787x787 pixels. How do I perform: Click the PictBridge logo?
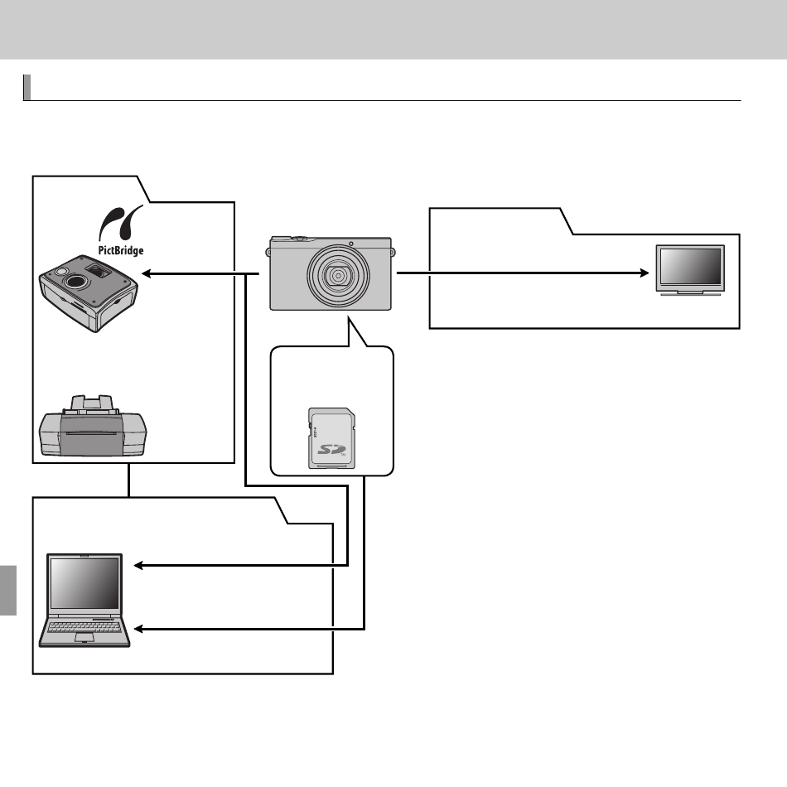[x=119, y=230]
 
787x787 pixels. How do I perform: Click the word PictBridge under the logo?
[x=120, y=250]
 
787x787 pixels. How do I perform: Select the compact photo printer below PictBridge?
[x=89, y=293]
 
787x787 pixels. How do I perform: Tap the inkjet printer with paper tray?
[x=93, y=426]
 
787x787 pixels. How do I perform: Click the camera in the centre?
[x=331, y=273]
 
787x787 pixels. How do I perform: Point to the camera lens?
[x=338, y=276]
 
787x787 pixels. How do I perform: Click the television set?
[x=691, y=270]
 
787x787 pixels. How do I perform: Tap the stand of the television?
[x=691, y=293]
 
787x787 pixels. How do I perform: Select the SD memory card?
[x=331, y=438]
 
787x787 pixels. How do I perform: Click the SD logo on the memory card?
[x=331, y=448]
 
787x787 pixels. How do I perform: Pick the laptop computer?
[x=84, y=601]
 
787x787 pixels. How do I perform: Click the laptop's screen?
[x=84, y=582]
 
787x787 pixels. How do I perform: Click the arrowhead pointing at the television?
[x=645, y=273]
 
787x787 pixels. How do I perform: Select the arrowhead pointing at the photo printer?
[x=147, y=273]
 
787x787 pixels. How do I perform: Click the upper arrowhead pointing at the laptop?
[x=139, y=566]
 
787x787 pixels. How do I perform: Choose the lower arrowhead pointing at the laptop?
[x=139, y=629]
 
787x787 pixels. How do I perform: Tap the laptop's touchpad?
[x=84, y=638]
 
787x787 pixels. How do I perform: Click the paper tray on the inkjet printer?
[x=92, y=403]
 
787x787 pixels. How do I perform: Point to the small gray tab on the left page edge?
[x=8, y=590]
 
